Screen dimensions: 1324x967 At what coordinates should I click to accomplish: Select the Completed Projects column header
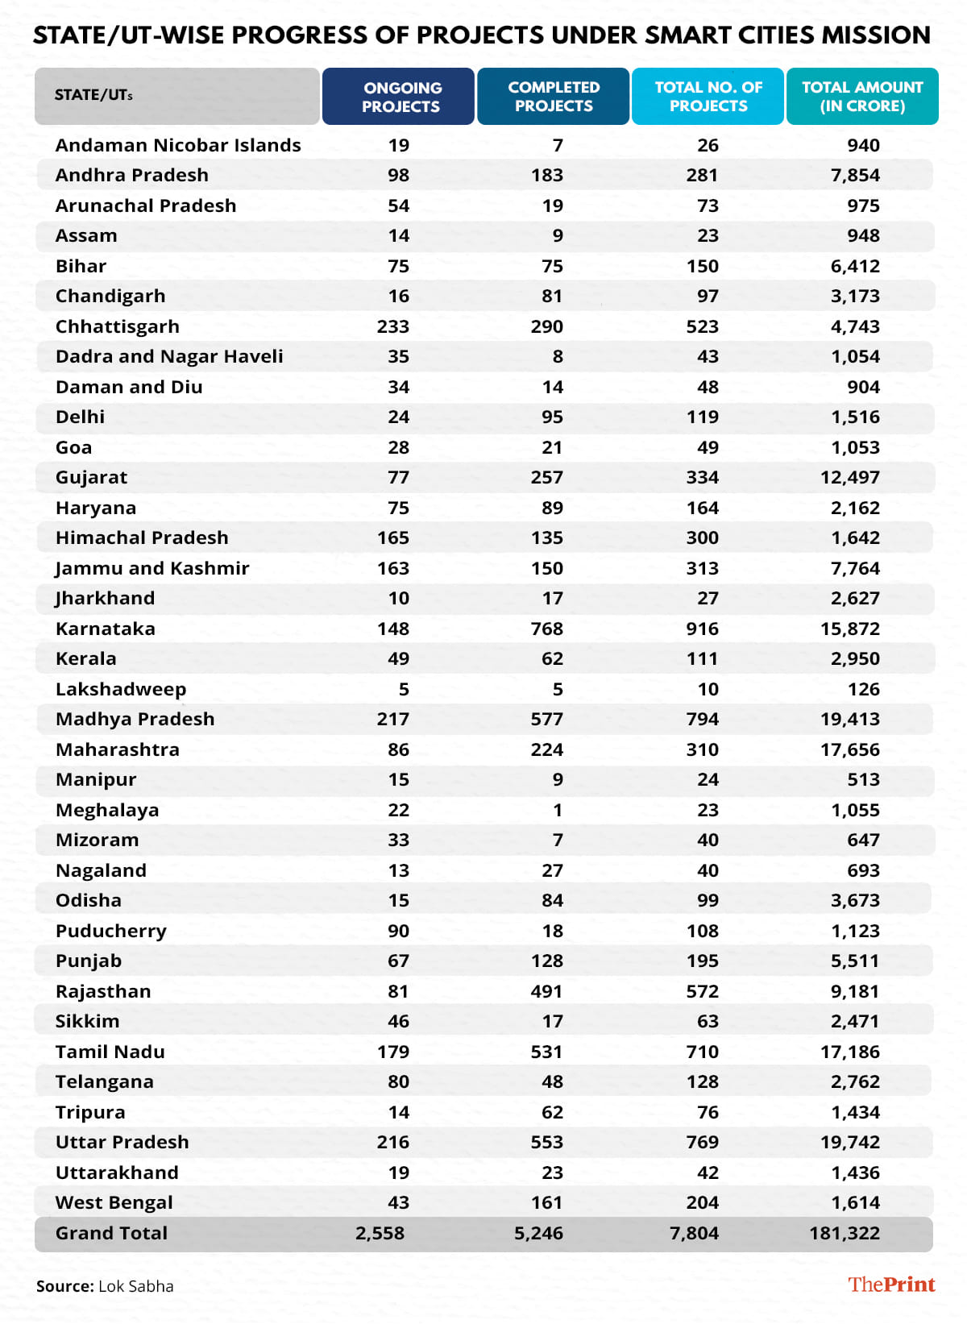pos(554,97)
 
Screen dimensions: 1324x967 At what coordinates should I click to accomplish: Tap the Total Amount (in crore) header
pos(862,97)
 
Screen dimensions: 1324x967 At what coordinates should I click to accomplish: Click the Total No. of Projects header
pos(708,97)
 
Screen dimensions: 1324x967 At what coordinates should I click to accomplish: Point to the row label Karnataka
pos(106,629)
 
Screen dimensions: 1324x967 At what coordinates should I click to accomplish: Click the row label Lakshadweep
pos(121,689)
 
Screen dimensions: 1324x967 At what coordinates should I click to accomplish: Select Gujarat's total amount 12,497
pos(850,477)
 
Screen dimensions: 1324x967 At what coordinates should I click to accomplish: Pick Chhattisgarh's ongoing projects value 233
pos(393,326)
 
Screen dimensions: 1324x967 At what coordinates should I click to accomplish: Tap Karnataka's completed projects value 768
pos(547,629)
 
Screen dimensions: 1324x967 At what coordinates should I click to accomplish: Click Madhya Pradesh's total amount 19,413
pos(850,719)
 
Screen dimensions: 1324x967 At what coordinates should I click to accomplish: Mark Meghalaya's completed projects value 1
pos(558,810)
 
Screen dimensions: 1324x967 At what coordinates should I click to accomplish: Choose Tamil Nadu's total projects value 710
pos(703,1052)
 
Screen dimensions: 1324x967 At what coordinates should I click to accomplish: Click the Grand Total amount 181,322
pos(845,1233)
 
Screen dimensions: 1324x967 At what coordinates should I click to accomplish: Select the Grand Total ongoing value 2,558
pos(380,1233)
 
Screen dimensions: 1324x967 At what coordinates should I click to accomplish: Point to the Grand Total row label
pos(111,1233)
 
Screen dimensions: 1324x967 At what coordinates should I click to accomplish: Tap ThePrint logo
pos(891,1285)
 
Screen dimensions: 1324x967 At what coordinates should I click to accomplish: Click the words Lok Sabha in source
pos(135,1286)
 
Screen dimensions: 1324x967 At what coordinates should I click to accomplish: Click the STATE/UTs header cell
pos(93,95)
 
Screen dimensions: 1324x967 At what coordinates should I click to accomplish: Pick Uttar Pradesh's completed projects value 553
pos(547,1142)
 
